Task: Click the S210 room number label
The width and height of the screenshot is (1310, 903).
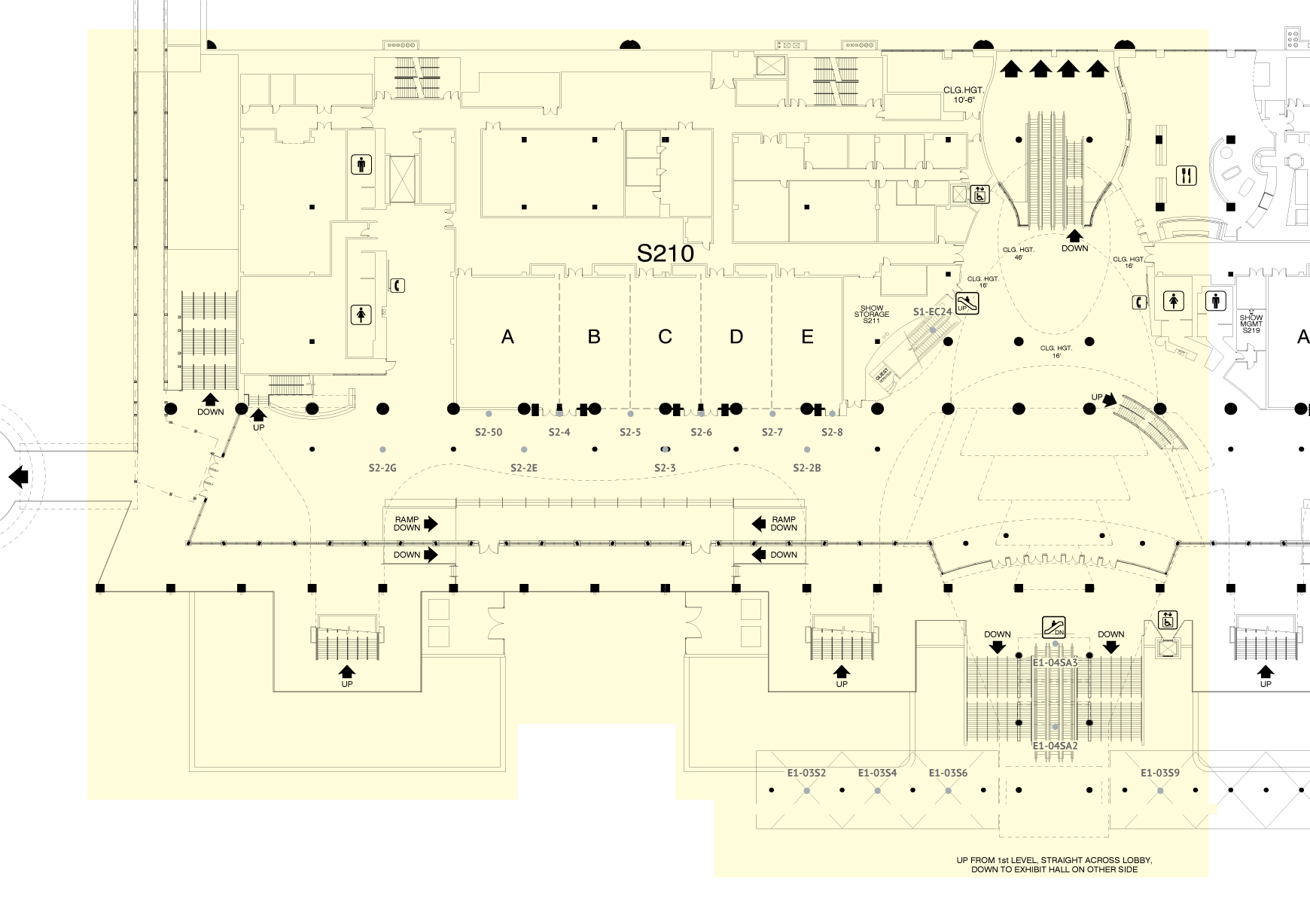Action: click(x=665, y=254)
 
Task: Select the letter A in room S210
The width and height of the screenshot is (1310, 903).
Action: click(x=507, y=337)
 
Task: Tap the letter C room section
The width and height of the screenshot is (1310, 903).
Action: click(x=665, y=337)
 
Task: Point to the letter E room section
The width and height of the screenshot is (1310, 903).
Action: click(x=807, y=337)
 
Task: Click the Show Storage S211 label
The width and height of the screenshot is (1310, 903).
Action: click(x=872, y=315)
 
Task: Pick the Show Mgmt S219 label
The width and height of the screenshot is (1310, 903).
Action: click(x=1251, y=324)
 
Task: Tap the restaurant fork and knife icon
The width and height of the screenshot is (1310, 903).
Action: click(x=1187, y=176)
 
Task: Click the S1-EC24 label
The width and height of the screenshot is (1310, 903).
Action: click(x=932, y=312)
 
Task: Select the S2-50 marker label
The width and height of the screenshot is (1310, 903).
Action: click(x=489, y=432)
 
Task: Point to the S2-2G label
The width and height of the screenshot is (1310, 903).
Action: click(x=382, y=468)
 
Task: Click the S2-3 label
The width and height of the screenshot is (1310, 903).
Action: click(x=665, y=468)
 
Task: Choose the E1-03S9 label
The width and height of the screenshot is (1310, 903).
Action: click(x=1159, y=773)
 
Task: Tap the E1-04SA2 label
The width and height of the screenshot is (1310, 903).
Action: click(x=1055, y=746)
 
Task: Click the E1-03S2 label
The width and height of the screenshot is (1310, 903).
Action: click(x=806, y=773)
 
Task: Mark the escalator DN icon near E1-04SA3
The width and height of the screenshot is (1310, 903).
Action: click(x=1054, y=627)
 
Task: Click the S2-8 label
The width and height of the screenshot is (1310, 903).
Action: click(x=832, y=432)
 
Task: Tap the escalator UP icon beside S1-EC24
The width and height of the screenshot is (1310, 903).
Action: click(x=967, y=304)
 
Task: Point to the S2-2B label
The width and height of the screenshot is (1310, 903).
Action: click(x=807, y=468)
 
